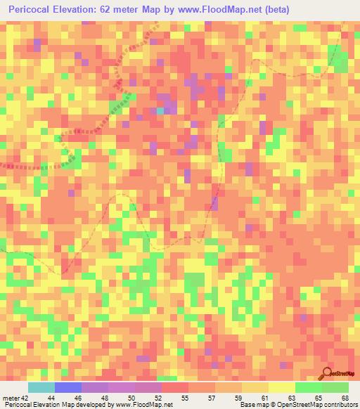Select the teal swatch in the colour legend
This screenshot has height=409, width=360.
tap(41, 387)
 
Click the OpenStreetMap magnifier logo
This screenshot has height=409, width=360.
tap(328, 375)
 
